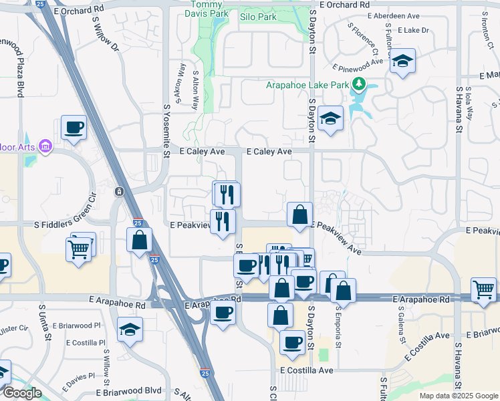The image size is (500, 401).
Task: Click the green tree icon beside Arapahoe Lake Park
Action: pyautogui.click(x=359, y=84)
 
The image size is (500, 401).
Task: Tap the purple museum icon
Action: pyautogui.click(x=45, y=145)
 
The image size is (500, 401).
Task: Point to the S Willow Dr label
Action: pyautogui.click(x=105, y=39)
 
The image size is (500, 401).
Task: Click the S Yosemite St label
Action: pyautogui.click(x=166, y=130)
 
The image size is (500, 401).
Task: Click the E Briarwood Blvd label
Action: pyautogui.click(x=129, y=392)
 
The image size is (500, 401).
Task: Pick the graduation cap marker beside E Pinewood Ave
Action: pyautogui.click(x=402, y=61)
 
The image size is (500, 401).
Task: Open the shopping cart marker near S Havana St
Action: pyautogui.click(x=483, y=289)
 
